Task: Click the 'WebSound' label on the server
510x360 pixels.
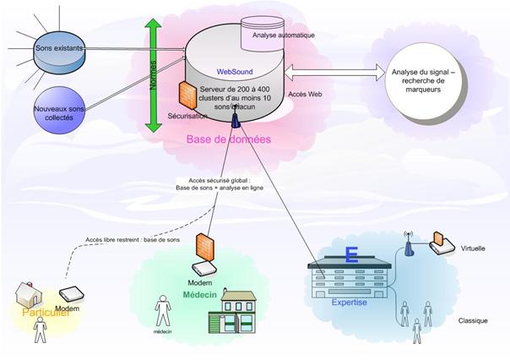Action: tap(234, 72)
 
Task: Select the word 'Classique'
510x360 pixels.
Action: tap(475, 321)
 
